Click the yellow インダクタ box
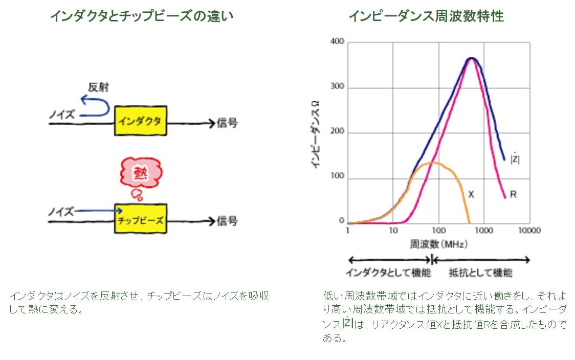pyautogui.click(x=141, y=121)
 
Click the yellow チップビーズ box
pyautogui.click(x=141, y=219)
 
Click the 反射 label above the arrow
pyautogui.click(x=98, y=87)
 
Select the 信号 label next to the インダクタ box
pyautogui.click(x=227, y=123)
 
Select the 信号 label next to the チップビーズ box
pyautogui.click(x=227, y=221)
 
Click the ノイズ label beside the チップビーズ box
pyautogui.click(x=61, y=212)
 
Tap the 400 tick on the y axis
pyautogui.click(x=337, y=41)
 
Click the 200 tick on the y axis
pyautogui.click(x=337, y=131)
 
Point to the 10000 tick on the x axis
pyautogui.click(x=529, y=230)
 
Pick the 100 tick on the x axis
pyautogui.click(x=438, y=230)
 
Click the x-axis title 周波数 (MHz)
pyautogui.click(x=438, y=244)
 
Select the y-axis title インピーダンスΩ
pyautogui.click(x=316, y=134)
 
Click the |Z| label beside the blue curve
pyautogui.click(x=515, y=158)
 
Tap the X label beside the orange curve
pyautogui.click(x=471, y=194)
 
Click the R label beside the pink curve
pyautogui.click(x=513, y=194)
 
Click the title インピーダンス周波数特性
pyautogui.click(x=426, y=16)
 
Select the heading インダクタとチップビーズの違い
pyautogui.click(x=142, y=16)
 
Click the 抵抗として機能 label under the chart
pyautogui.click(x=481, y=273)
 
